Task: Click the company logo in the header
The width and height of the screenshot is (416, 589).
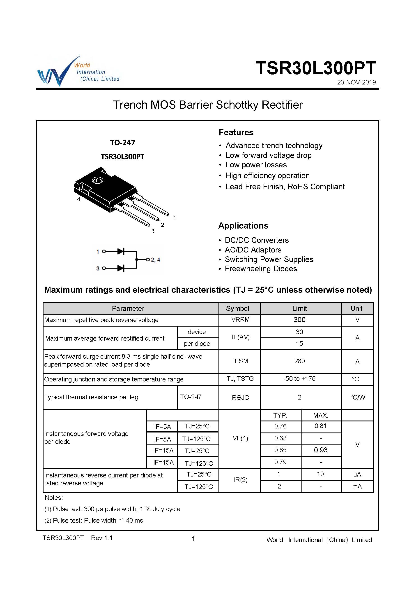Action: pos(78,71)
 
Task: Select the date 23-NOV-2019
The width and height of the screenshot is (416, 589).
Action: pos(356,82)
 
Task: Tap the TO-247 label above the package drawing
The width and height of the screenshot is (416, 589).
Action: pos(122,143)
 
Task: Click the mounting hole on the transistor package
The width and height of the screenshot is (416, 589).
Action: pos(98,180)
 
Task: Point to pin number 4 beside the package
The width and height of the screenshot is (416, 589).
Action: pos(79,199)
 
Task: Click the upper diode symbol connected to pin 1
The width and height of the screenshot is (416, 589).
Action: pos(121,251)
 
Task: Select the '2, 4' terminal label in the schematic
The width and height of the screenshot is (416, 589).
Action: pos(155,260)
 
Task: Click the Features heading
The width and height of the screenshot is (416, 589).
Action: pos(236,132)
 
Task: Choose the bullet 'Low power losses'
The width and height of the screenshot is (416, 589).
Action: pos(256,165)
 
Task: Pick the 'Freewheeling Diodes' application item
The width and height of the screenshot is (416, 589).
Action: pos(261,269)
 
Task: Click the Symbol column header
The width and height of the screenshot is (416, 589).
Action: pos(237,308)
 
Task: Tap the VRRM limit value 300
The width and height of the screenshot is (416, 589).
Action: pos(299,320)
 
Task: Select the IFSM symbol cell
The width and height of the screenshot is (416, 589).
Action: pos(240,361)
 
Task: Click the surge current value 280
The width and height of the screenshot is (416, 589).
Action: pos(299,361)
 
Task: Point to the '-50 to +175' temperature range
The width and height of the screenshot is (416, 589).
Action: pos(299,379)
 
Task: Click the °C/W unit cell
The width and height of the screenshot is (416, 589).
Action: pos(358,397)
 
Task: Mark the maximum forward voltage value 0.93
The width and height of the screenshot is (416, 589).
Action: pos(320,450)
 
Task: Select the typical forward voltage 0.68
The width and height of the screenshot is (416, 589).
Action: pos(280,438)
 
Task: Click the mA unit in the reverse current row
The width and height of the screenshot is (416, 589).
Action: pos(357,486)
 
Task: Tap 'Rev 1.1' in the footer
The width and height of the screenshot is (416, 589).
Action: pos(102,538)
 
